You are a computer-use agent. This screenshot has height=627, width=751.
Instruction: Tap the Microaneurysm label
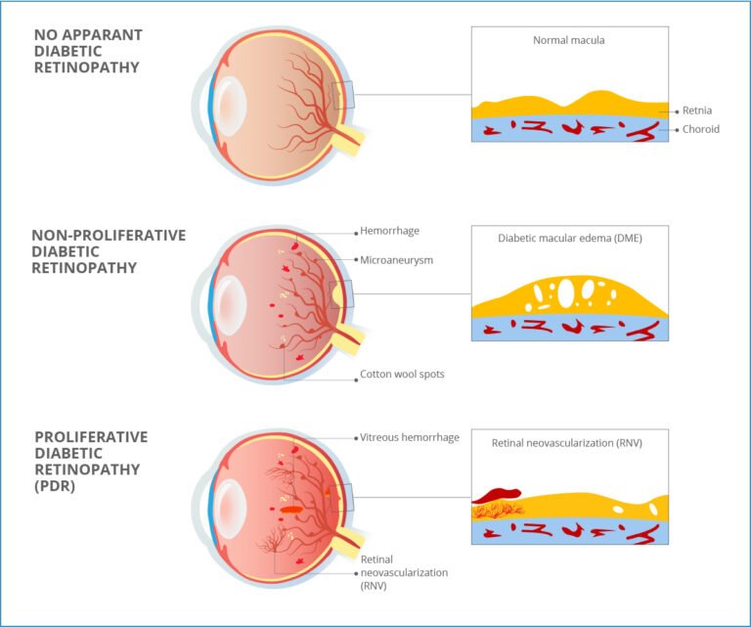396,260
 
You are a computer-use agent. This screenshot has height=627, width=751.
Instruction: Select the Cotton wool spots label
402,374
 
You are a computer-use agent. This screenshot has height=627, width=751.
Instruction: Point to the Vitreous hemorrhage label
410,437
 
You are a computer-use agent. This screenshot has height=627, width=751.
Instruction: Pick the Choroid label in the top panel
701,129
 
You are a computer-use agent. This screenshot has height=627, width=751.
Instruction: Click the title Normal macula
569,41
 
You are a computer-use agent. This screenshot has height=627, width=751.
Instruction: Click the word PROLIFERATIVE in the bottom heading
90,436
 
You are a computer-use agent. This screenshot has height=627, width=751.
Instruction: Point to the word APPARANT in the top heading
103,35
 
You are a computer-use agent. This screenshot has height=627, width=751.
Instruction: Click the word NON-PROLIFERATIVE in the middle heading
108,236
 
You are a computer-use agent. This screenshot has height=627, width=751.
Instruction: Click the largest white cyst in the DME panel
590,291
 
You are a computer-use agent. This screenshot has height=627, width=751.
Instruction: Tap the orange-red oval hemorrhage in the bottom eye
290,510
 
